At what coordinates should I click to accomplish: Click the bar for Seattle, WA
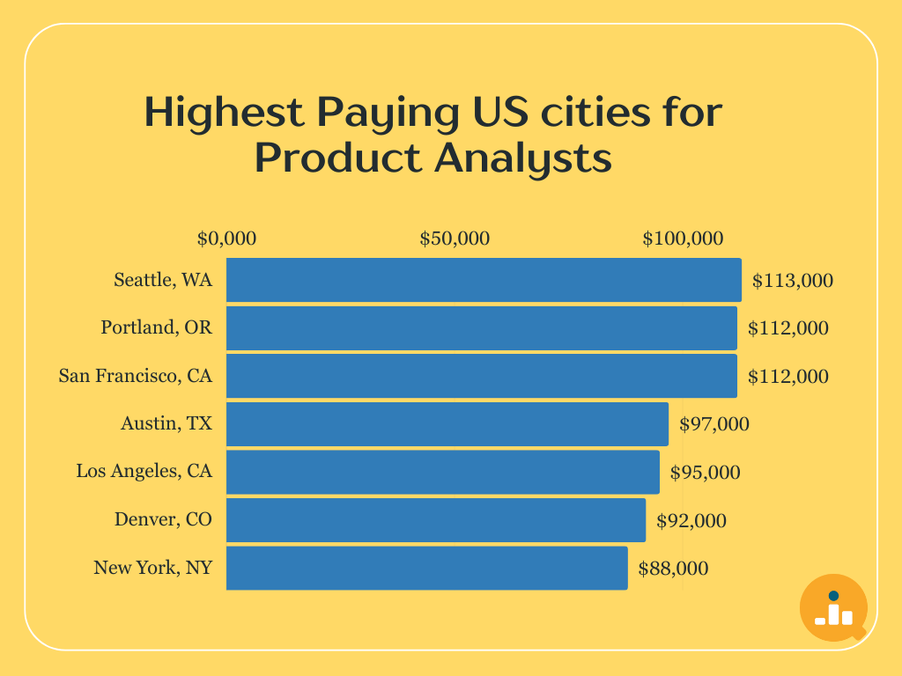pyautogui.click(x=484, y=280)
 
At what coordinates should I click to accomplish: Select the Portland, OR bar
pyautogui.click(x=482, y=328)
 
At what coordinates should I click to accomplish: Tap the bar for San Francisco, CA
pyautogui.click(x=482, y=376)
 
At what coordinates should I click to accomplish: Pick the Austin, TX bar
pyautogui.click(x=447, y=424)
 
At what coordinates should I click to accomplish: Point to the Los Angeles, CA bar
pyautogui.click(x=443, y=472)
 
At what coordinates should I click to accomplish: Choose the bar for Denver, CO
pyautogui.click(x=436, y=520)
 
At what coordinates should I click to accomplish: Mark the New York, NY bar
pyautogui.click(x=427, y=568)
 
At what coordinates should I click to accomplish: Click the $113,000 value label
pyautogui.click(x=793, y=281)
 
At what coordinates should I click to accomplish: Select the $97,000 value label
pyautogui.click(x=714, y=424)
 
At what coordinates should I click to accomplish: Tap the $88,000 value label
pyautogui.click(x=673, y=569)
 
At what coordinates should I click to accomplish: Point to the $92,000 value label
pyautogui.click(x=691, y=521)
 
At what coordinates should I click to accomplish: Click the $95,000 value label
pyautogui.click(x=706, y=473)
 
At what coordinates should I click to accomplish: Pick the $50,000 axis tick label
pyautogui.click(x=455, y=239)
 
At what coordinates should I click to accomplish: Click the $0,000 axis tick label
pyautogui.click(x=226, y=239)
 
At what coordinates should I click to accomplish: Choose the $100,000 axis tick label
pyautogui.click(x=683, y=239)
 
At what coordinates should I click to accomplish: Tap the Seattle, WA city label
pyautogui.click(x=163, y=280)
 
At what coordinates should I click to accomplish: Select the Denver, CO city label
pyautogui.click(x=163, y=520)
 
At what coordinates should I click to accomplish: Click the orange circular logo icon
pyautogui.click(x=833, y=607)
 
